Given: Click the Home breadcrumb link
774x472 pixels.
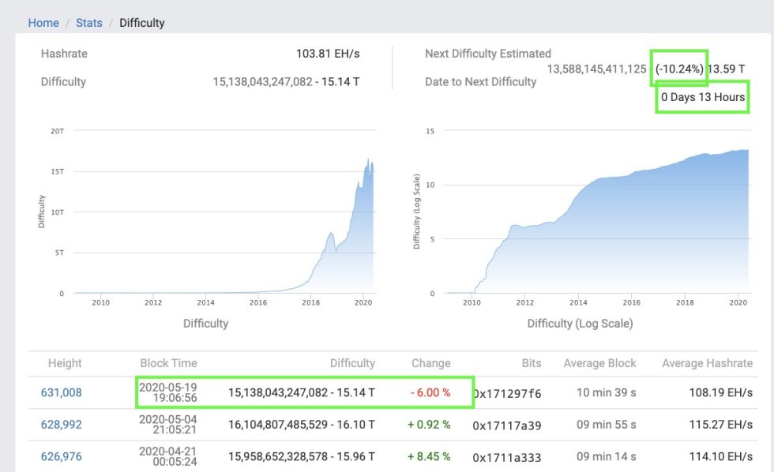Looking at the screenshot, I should pos(43,23).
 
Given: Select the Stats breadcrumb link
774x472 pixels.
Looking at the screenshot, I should pos(89,23).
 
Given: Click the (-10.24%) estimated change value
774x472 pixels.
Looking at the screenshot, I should pos(678,69).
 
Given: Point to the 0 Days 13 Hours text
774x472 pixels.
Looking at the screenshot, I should pos(702,98).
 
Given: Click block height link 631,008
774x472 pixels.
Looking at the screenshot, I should pos(61,392).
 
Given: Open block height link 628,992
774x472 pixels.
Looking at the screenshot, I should pos(61,425).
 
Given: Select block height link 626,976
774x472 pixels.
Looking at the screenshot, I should pos(61,456).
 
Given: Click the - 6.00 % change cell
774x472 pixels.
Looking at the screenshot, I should pos(430,392).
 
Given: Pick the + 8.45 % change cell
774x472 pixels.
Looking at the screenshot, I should pos(429,456).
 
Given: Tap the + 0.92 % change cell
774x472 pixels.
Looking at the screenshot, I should pos(429,425).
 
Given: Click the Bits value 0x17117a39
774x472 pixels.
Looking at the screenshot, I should pos(507,425).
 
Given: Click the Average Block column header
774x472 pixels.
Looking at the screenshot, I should pos(599,363).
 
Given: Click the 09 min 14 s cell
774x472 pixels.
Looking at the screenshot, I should pos(606,456).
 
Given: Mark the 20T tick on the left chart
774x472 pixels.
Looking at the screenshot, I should pos(57,130).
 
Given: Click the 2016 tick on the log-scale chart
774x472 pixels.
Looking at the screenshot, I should pos(632,302).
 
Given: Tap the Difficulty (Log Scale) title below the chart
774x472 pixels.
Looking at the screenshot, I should pos(580,323).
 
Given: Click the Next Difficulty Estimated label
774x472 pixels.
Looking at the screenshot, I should pos(487,54).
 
